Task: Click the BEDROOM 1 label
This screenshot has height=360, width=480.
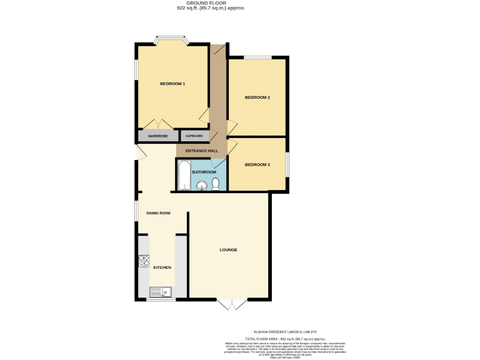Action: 172,84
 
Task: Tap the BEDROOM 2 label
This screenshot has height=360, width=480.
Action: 257,97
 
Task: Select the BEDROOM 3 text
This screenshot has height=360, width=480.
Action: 257,164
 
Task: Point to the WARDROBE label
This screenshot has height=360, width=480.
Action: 157,136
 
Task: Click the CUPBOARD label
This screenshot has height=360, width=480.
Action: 194,136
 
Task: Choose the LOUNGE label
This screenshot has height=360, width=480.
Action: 228,250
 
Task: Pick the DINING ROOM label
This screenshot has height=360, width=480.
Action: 158,213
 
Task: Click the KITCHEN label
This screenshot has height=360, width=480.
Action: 162,267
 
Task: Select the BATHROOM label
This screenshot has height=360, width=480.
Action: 204,172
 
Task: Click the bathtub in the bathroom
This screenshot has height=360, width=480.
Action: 182,176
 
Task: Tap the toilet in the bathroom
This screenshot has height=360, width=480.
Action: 216,184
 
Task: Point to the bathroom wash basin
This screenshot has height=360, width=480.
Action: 202,185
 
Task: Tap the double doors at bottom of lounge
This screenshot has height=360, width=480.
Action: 229,304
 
